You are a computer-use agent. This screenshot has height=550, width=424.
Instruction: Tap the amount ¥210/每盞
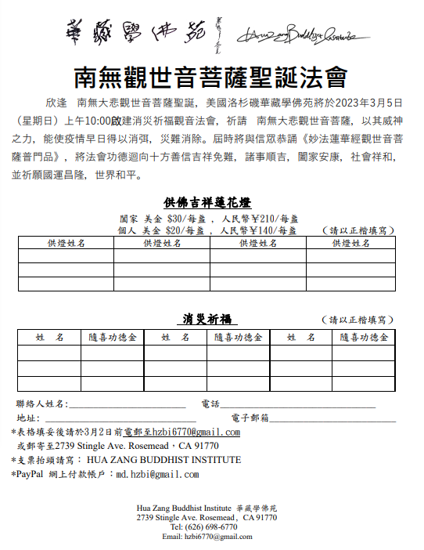271,219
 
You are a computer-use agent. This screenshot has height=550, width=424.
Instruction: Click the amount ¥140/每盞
271,230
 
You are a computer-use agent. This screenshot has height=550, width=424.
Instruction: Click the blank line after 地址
117,419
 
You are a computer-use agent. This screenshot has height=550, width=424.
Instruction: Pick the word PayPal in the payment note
31,474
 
